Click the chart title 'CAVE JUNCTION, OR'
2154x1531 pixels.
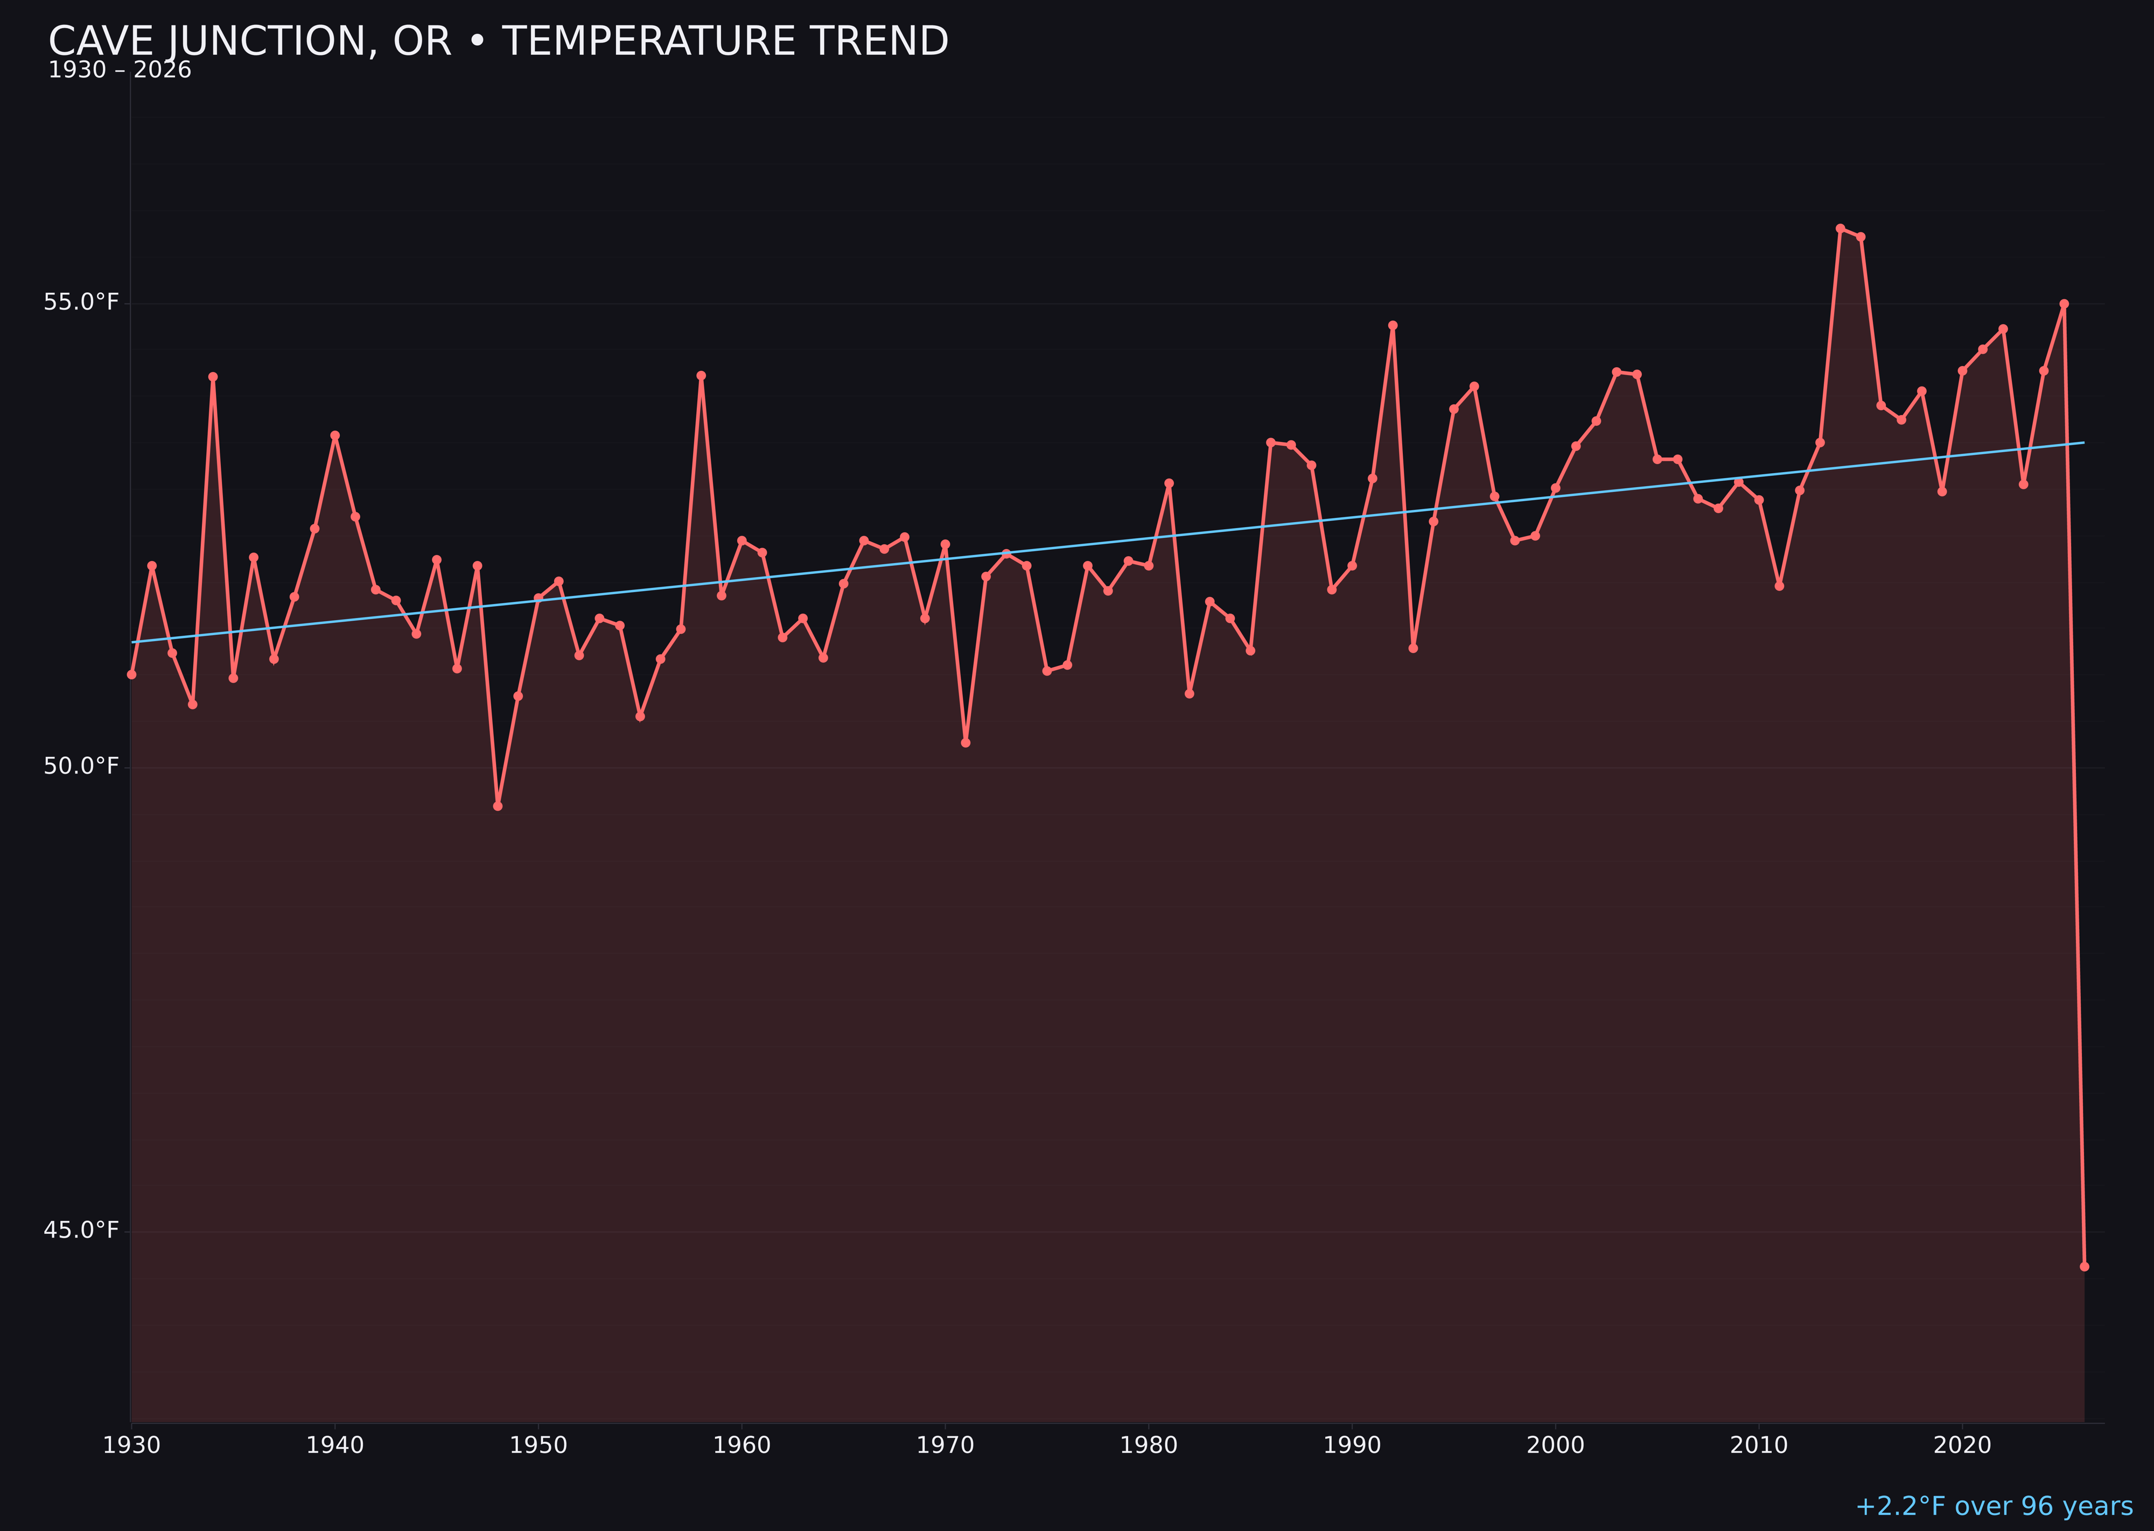click(x=498, y=41)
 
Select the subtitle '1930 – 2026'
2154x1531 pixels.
click(x=120, y=71)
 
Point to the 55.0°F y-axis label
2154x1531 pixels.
click(x=81, y=303)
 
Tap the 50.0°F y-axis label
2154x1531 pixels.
click(x=81, y=767)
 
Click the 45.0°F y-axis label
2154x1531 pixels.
click(x=81, y=1230)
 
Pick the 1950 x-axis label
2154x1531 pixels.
click(x=538, y=1445)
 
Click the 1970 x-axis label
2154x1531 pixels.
click(x=945, y=1445)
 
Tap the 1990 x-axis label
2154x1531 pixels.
click(x=1352, y=1445)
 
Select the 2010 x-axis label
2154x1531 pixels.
click(x=1759, y=1445)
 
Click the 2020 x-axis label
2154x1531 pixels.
click(x=1962, y=1445)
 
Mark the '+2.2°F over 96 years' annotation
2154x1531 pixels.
click(x=1994, y=1506)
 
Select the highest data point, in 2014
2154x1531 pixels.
click(x=1840, y=228)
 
